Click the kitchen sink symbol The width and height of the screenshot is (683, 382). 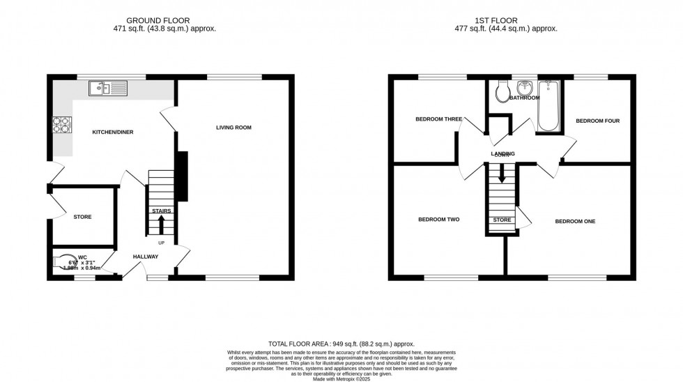[108, 89]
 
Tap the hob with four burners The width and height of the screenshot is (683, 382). [61, 123]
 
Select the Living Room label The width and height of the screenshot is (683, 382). [233, 128]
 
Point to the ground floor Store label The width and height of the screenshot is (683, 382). [82, 217]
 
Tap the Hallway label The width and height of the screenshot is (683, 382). [146, 257]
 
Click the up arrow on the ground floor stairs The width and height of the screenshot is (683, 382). [161, 224]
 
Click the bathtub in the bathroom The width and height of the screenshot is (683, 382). [549, 107]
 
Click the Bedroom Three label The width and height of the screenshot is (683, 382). [438, 119]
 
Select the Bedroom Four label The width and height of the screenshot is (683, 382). [597, 121]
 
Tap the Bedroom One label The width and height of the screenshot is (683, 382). [575, 222]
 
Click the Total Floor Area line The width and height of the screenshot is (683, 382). [341, 344]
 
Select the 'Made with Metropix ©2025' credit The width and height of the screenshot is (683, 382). [341, 378]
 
